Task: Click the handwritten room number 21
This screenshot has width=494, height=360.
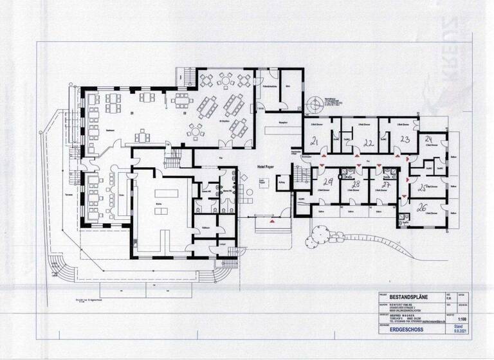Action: [x=315, y=141]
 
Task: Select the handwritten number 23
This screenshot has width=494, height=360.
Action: [x=405, y=139]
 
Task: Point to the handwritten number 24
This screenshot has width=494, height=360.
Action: [x=428, y=139]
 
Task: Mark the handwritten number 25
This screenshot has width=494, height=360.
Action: [x=423, y=188]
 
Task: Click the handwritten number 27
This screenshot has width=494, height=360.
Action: [x=386, y=184]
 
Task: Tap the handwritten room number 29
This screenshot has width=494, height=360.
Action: [x=327, y=183]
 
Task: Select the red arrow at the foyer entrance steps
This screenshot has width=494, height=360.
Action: [x=273, y=221]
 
